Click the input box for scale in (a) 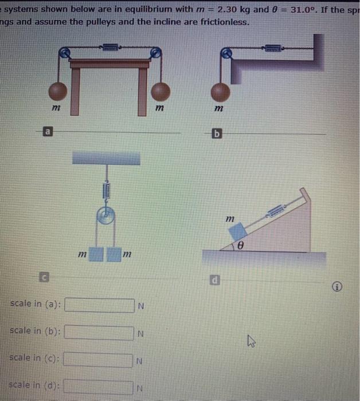[x=100, y=304]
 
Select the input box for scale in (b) [x=100, y=332]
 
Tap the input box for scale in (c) [x=100, y=360]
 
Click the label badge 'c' [x=44, y=278]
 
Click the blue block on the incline [x=236, y=231]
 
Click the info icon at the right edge [x=343, y=287]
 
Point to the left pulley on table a [x=66, y=53]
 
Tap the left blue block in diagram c [x=97, y=253]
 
